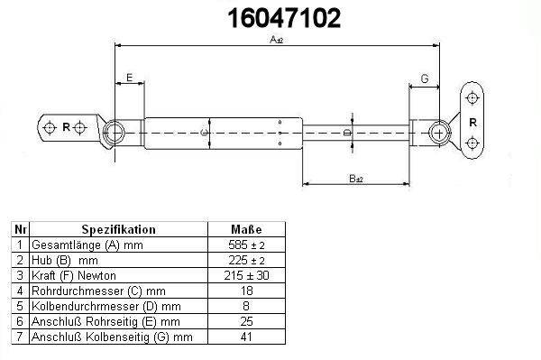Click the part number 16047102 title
click(284, 18)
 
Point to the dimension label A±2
click(277, 40)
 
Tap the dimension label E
click(129, 78)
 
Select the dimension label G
click(425, 78)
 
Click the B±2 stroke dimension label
click(356, 179)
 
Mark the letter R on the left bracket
click(66, 127)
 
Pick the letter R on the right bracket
click(472, 122)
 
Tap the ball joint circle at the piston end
click(440, 133)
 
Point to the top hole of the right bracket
click(472, 98)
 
